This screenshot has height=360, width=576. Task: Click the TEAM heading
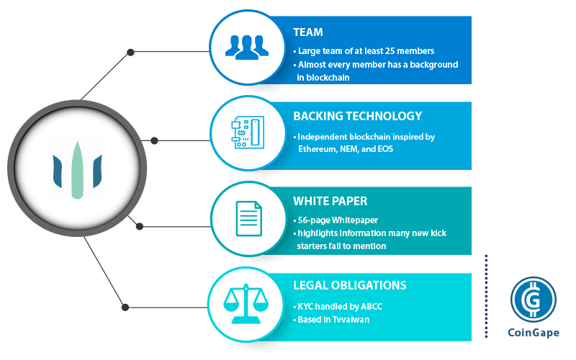point(308,32)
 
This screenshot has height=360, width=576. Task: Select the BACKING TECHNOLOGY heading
point(357,116)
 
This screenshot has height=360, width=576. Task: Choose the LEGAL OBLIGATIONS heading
point(350,285)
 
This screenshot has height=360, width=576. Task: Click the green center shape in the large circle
point(77,168)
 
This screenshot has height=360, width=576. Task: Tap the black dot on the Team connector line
point(130,52)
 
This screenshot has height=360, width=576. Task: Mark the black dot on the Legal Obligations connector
point(125,307)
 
